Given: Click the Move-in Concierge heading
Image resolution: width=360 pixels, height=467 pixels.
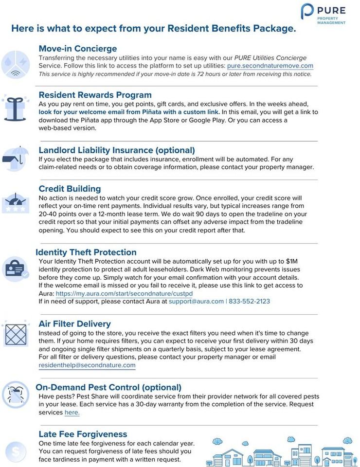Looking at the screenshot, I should [x=78, y=49].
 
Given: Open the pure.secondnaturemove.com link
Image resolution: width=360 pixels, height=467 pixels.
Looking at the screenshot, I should [x=270, y=66].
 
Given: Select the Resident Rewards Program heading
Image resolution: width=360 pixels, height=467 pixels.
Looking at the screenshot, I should [x=95, y=95].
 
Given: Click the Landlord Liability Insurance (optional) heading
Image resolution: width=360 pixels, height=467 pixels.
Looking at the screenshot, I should [x=117, y=150].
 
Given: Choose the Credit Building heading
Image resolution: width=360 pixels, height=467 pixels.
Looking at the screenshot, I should [x=70, y=189].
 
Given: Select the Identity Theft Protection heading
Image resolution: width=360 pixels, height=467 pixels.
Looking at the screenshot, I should [x=86, y=252].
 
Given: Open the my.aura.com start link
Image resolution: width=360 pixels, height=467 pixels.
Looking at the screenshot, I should [x=124, y=294].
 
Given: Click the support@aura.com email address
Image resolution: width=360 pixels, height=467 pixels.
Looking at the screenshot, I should [x=196, y=302].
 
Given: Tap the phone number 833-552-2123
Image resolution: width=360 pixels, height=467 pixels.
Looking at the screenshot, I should [x=249, y=302].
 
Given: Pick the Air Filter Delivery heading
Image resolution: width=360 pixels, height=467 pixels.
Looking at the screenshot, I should [x=74, y=323].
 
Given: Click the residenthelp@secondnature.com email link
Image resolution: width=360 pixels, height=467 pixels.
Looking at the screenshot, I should [x=87, y=365].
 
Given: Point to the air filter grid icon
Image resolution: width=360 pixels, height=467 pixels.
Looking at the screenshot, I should [x=16, y=334].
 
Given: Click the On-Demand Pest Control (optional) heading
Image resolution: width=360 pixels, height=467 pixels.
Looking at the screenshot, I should [x=108, y=387].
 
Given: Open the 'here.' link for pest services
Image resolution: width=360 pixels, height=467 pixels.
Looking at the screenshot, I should [x=72, y=413].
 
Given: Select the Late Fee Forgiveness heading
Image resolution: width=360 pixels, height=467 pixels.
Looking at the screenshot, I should [x=83, y=434].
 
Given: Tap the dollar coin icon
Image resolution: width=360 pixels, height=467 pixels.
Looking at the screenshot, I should [x=16, y=452].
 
